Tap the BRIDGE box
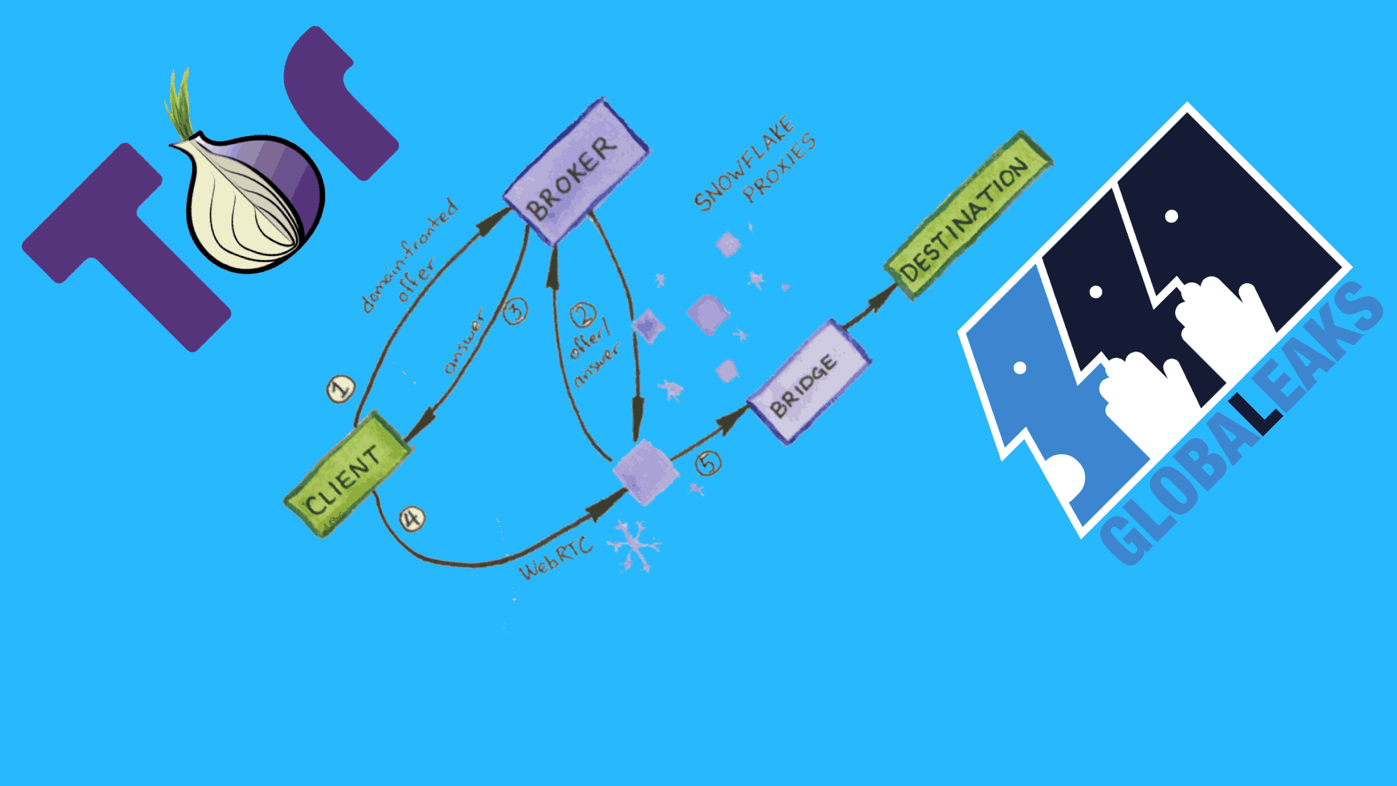(x=808, y=383)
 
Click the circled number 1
(x=341, y=389)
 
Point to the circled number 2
(x=582, y=315)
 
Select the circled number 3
(x=515, y=311)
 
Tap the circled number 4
(x=412, y=519)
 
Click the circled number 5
(x=708, y=463)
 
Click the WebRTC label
(x=556, y=559)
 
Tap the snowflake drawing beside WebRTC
(x=633, y=545)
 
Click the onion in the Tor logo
(x=251, y=200)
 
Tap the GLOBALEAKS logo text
(x=1237, y=429)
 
